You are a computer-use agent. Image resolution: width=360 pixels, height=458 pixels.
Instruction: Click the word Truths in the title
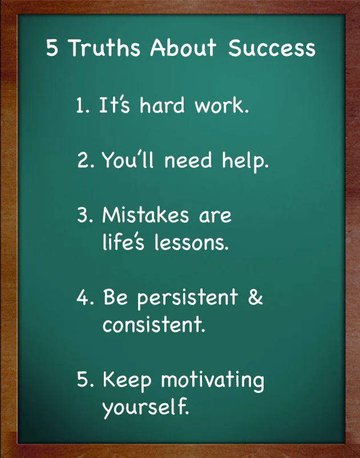coord(105,47)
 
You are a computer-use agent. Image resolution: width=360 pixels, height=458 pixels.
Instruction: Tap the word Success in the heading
coord(272,48)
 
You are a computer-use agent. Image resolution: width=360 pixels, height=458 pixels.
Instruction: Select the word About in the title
coord(183,47)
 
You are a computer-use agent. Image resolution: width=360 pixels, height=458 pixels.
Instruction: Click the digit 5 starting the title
coord(52,48)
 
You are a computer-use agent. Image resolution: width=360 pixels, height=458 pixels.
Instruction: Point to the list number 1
coord(82,105)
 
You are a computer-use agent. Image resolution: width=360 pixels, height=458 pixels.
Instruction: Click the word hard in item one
coord(162,105)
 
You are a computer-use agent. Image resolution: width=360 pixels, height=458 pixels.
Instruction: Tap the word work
coord(222,105)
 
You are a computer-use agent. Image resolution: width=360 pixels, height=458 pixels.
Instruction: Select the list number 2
coord(86,160)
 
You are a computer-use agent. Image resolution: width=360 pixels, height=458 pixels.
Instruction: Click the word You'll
coord(128,159)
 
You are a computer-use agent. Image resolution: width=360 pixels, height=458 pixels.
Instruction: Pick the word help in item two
coord(245,161)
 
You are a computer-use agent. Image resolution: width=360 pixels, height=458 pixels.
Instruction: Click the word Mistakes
coord(146,215)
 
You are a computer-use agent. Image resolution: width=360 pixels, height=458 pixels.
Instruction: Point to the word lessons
coord(191,242)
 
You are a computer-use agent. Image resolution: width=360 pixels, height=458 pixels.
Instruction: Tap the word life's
coord(123,242)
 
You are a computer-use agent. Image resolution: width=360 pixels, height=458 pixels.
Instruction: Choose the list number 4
coord(85,298)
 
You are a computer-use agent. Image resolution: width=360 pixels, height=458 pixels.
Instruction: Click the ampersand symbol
coord(256,297)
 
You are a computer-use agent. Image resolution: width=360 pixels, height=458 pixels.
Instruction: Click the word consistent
coord(154,324)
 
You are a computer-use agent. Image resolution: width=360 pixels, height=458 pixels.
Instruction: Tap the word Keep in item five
coord(127,381)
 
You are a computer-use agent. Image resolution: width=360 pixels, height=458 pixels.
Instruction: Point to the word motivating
coord(213,381)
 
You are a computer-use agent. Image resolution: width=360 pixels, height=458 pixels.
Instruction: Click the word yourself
coord(145,407)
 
